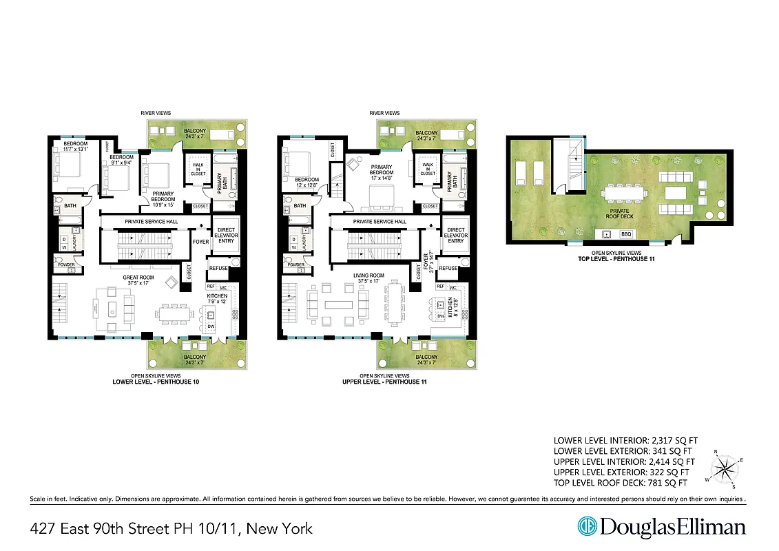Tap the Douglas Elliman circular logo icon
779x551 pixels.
(587, 528)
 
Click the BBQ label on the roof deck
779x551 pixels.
(626, 235)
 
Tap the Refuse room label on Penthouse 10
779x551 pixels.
(218, 269)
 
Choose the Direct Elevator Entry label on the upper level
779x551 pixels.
(455, 236)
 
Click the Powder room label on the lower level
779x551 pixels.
(65, 265)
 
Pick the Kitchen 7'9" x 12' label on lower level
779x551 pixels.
(218, 298)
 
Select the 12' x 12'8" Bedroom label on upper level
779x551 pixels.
(305, 181)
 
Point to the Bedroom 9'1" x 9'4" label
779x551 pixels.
(121, 160)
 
